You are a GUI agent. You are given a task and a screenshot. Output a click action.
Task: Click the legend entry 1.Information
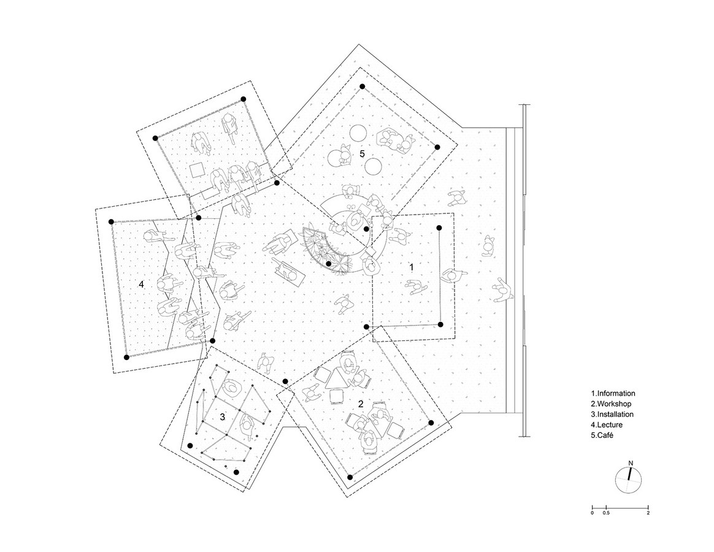point(613,394)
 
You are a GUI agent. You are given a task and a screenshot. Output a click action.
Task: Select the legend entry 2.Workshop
point(611,404)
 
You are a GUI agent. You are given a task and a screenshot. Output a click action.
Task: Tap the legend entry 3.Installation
point(612,415)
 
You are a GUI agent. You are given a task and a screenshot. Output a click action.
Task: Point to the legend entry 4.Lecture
point(607,425)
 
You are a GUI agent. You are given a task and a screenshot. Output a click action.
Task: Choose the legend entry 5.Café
point(602,435)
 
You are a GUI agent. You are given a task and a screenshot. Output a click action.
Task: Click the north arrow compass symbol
point(629,480)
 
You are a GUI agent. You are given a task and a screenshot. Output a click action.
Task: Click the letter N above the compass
point(631,463)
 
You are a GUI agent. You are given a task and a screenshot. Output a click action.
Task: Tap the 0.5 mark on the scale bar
point(606,513)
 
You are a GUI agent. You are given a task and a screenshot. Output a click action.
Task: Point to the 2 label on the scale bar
point(648,513)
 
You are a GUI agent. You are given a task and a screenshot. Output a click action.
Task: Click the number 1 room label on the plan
point(412,267)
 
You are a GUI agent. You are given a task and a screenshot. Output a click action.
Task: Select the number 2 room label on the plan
point(361,404)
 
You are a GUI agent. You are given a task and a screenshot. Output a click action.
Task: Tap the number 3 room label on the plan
point(222,416)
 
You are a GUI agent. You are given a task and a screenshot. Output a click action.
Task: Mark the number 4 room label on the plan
point(141,284)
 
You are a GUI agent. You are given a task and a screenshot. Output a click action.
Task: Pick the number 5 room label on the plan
point(362,153)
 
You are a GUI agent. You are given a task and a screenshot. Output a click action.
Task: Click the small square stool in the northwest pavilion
point(198,169)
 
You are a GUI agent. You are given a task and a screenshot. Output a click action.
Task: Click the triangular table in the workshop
point(337,379)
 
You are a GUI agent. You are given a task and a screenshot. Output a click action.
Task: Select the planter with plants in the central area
point(326,251)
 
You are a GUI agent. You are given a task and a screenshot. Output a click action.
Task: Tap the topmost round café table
point(357,133)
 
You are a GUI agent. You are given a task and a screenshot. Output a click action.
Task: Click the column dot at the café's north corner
point(363,86)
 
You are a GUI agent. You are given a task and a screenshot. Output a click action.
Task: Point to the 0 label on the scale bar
point(592,513)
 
